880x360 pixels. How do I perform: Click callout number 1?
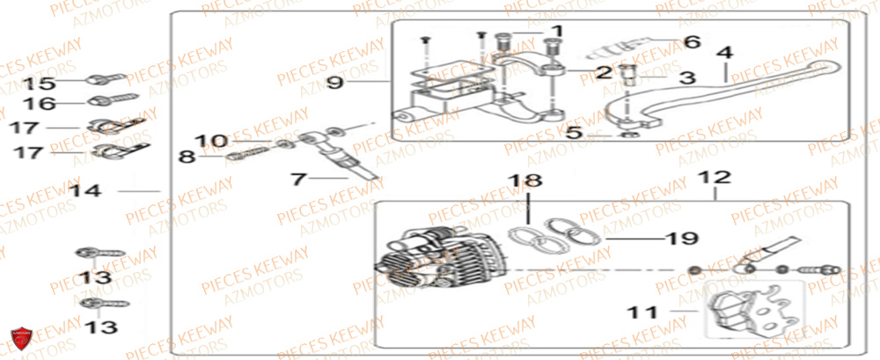[555, 33]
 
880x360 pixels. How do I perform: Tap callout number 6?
[691, 41]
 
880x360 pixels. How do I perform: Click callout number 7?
[297, 179]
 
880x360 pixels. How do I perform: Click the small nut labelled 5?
[627, 136]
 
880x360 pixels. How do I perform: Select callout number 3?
[687, 77]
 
